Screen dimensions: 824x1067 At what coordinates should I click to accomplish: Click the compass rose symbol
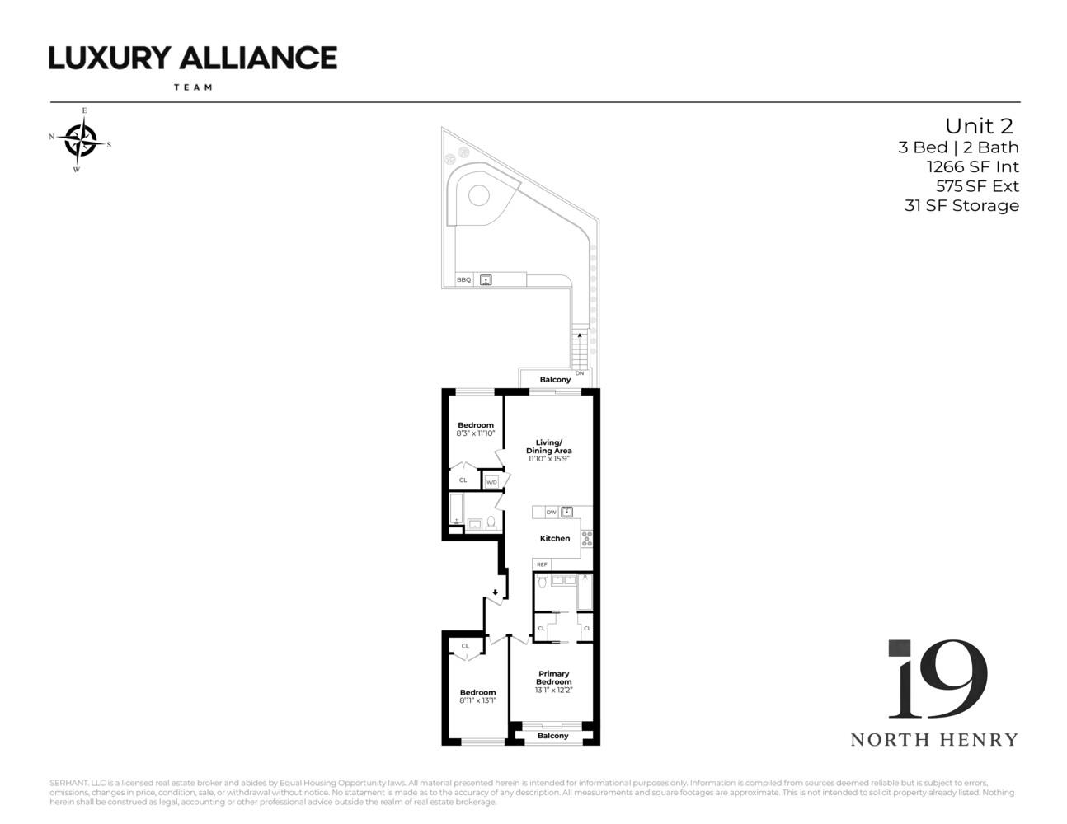pyautogui.click(x=80, y=140)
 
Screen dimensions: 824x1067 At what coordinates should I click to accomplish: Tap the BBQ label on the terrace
pyautogui.click(x=464, y=280)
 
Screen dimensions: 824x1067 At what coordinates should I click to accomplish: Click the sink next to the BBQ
pyautogui.click(x=486, y=280)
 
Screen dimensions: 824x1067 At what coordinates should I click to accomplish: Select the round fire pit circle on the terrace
pyautogui.click(x=479, y=195)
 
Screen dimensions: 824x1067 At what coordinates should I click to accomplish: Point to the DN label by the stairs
pyautogui.click(x=580, y=373)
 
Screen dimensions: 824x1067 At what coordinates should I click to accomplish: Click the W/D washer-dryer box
pyautogui.click(x=491, y=482)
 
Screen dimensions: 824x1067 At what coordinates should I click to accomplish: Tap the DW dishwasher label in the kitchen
pyautogui.click(x=551, y=513)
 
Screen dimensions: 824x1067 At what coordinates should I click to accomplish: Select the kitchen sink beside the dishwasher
pyautogui.click(x=566, y=512)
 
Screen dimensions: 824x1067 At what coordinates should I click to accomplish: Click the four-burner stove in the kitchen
pyautogui.click(x=586, y=539)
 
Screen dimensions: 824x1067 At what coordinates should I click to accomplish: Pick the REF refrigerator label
pyautogui.click(x=542, y=564)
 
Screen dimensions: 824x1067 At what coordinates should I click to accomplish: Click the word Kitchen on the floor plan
pyautogui.click(x=555, y=538)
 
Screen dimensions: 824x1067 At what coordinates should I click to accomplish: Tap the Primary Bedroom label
pyautogui.click(x=553, y=678)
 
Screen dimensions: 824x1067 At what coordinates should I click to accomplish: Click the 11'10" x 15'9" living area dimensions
pyautogui.click(x=549, y=459)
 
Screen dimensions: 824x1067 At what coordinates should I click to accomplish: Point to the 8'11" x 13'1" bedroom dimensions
pyautogui.click(x=477, y=701)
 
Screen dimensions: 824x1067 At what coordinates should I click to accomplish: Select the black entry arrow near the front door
pyautogui.click(x=495, y=592)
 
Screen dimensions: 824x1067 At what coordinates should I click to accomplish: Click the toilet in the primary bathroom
pyautogui.click(x=542, y=583)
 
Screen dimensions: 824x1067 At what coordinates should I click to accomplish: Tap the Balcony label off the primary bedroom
pyautogui.click(x=552, y=736)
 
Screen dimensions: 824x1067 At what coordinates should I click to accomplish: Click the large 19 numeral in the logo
pyautogui.click(x=938, y=679)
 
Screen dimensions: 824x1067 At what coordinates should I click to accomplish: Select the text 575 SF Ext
pyautogui.click(x=977, y=186)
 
